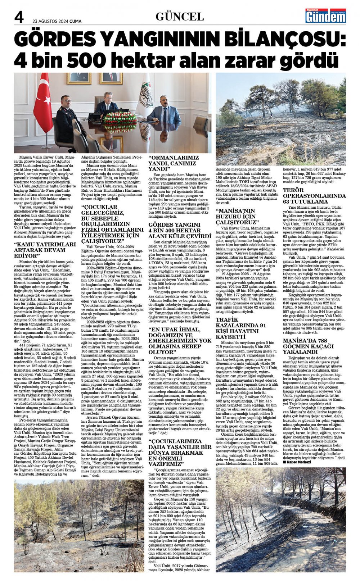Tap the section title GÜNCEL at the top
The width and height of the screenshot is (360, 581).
click(x=180, y=17)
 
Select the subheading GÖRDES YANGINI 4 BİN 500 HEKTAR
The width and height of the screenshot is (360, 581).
click(x=180, y=230)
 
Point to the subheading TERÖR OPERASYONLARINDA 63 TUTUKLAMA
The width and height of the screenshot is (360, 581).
click(x=314, y=196)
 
